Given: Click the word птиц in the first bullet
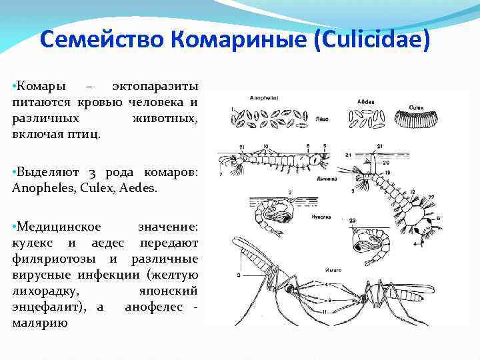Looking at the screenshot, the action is pos(88,133).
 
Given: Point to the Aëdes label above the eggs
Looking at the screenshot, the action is pos(365,102).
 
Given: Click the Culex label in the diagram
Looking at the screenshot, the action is pos(418,105).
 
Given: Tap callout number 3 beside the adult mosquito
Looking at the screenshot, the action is pos(237,274).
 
